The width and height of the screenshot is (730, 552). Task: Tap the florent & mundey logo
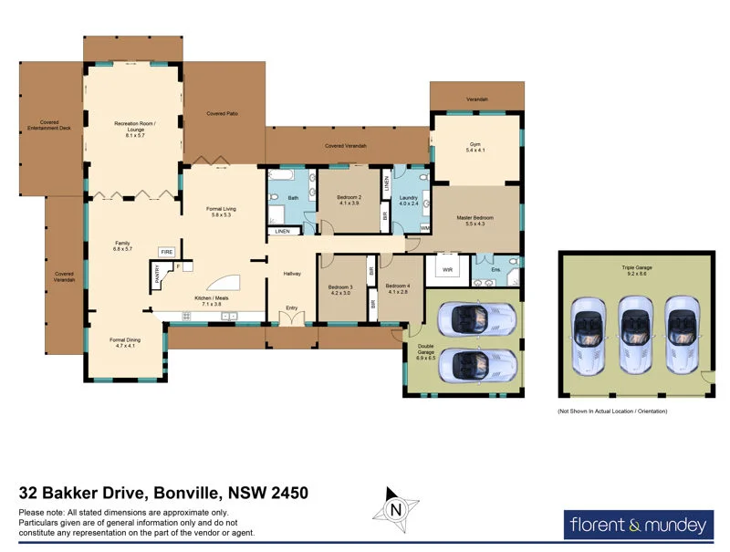point(638,525)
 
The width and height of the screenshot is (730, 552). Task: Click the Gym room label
point(475,147)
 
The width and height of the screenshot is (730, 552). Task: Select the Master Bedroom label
point(474,220)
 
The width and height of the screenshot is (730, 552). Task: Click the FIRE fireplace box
point(167,251)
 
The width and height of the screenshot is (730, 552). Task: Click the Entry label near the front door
point(292,307)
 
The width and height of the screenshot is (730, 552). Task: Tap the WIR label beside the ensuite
point(447,270)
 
